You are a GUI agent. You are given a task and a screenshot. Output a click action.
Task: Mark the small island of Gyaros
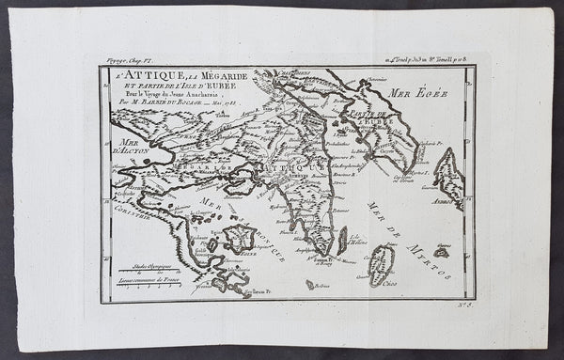pos(441,252)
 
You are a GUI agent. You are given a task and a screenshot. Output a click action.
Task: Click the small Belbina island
pos(310,284)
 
